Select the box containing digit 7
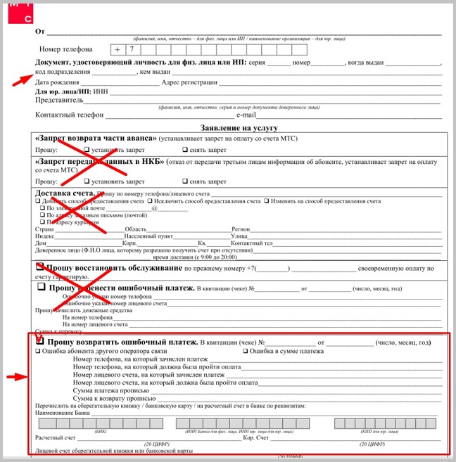pos(131,50)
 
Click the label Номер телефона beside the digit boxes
pos(66,50)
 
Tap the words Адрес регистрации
pos(189,82)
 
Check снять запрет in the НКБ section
pos(185,181)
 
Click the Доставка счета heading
pos(63,193)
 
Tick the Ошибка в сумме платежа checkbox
pos(246,351)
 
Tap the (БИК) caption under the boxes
pos(101,432)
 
